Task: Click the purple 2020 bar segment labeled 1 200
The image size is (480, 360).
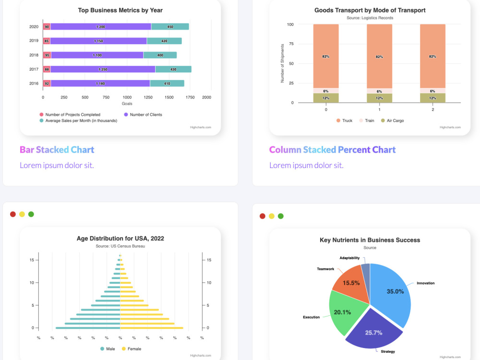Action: pyautogui.click(x=101, y=26)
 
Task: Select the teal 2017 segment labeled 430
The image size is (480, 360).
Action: pyautogui.click(x=173, y=69)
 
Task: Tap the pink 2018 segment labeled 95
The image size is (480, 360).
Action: pyautogui.click(x=47, y=55)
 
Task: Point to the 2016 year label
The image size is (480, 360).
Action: pyautogui.click(x=34, y=83)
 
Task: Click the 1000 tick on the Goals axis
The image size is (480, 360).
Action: pyautogui.click(x=127, y=97)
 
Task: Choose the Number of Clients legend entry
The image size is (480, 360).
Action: pyautogui.click(x=143, y=115)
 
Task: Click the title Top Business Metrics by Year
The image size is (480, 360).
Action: pyautogui.click(x=120, y=11)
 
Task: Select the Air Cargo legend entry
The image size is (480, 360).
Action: pyautogui.click(x=392, y=120)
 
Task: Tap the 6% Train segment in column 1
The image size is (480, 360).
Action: pyautogui.click(x=379, y=91)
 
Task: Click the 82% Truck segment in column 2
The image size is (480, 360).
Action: pyautogui.click(x=432, y=56)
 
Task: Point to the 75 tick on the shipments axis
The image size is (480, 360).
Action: pyautogui.click(x=291, y=44)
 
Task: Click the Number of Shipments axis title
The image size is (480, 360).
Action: pyautogui.click(x=282, y=63)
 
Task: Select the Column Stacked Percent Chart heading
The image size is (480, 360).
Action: pyautogui.click(x=333, y=150)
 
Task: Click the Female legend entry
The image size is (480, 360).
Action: pyautogui.click(x=132, y=348)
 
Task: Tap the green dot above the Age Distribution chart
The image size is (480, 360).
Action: pyautogui.click(x=31, y=214)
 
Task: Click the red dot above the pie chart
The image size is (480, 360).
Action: pyautogui.click(x=263, y=216)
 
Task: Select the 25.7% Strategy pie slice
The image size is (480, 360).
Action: pyautogui.click(x=374, y=330)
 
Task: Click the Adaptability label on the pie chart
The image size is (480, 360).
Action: pyautogui.click(x=349, y=258)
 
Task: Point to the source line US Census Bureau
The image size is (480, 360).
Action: pyautogui.click(x=120, y=246)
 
